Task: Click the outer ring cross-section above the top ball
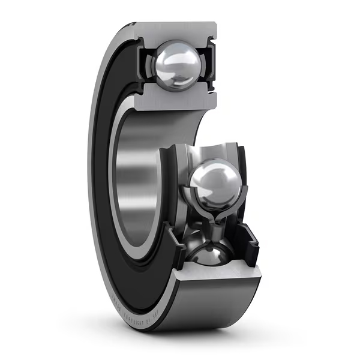point(174,31)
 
